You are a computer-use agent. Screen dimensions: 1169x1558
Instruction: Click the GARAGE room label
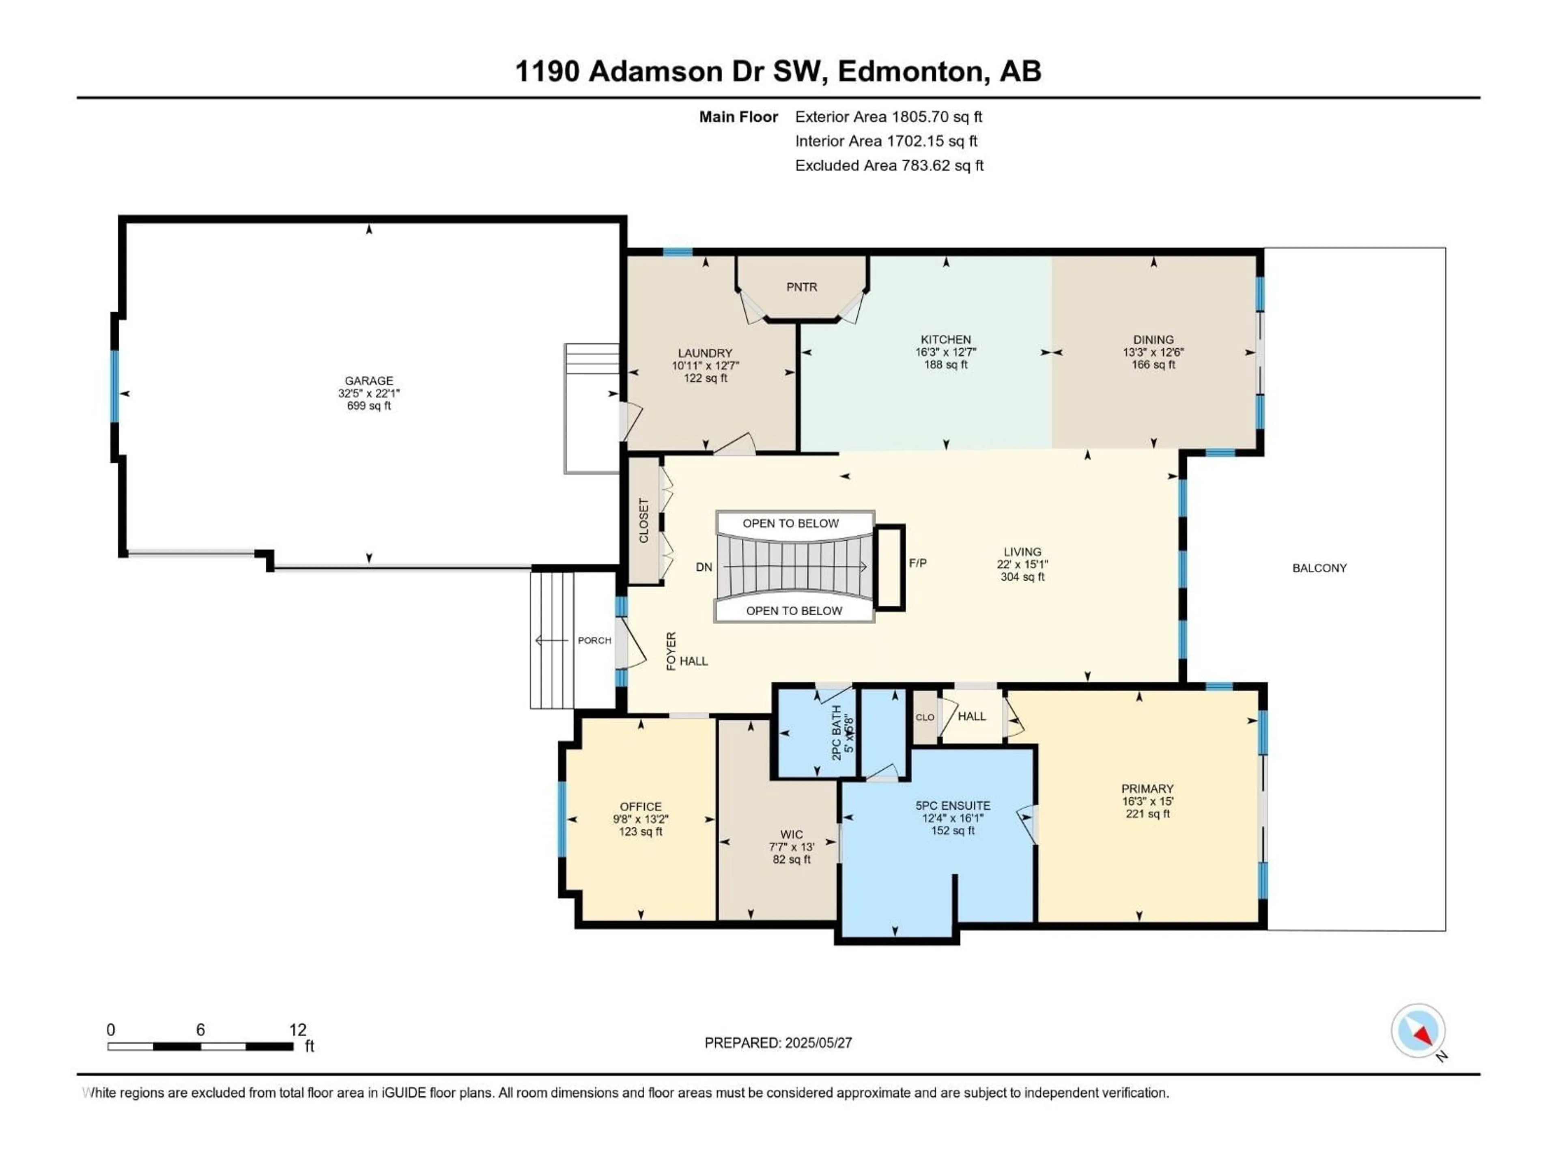(x=368, y=380)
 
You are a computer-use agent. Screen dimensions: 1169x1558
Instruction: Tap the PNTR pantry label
(x=802, y=287)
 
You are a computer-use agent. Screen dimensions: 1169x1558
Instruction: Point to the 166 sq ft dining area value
(x=1153, y=365)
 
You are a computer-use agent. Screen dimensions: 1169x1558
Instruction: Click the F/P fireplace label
(x=917, y=563)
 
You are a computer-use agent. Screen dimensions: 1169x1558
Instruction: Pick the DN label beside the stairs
(x=704, y=567)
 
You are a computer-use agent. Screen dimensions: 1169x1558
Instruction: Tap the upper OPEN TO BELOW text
(x=790, y=524)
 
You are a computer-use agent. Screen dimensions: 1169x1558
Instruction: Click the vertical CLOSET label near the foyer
(x=643, y=521)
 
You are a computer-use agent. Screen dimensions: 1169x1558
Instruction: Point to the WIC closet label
(x=791, y=834)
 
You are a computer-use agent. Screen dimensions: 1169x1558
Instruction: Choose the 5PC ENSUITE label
(x=952, y=805)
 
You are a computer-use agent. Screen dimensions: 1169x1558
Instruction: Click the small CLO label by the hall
(x=925, y=717)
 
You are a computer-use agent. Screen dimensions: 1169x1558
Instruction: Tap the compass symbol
(x=1418, y=1031)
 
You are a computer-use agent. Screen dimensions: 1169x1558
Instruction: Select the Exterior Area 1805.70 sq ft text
(x=888, y=117)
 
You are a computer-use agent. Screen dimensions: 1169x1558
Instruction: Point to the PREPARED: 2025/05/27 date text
(x=778, y=1043)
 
